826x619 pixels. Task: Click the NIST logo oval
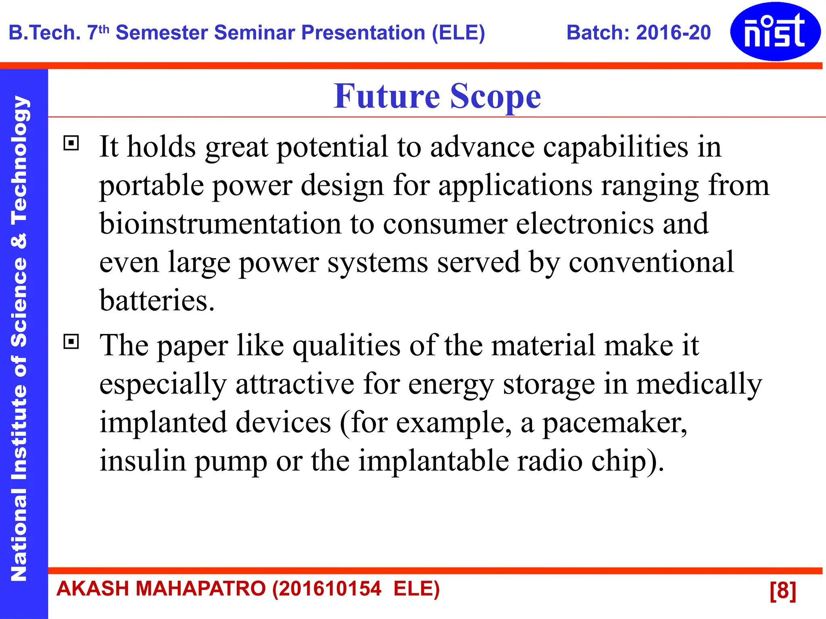(775, 31)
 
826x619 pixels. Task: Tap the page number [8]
(782, 590)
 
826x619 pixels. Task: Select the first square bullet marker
(71, 143)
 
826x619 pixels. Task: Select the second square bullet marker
(71, 342)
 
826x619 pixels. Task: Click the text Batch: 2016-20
(638, 33)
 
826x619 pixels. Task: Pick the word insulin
(143, 461)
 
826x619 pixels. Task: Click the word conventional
(651, 262)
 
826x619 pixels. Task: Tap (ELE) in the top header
(458, 33)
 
